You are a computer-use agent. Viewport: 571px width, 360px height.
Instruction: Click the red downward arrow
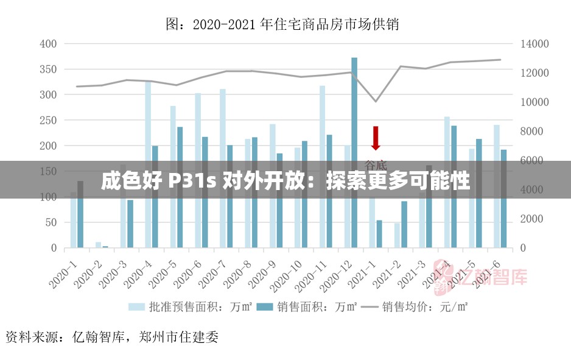pos(376,138)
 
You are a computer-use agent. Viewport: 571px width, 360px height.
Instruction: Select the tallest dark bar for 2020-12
pos(354,152)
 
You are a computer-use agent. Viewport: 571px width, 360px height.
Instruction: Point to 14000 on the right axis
pos(534,44)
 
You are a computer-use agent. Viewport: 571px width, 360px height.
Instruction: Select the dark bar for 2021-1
pos(379,234)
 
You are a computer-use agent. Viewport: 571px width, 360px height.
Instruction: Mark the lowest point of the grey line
pos(376,101)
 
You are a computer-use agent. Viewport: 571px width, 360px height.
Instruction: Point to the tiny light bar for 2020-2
pos(98,245)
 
